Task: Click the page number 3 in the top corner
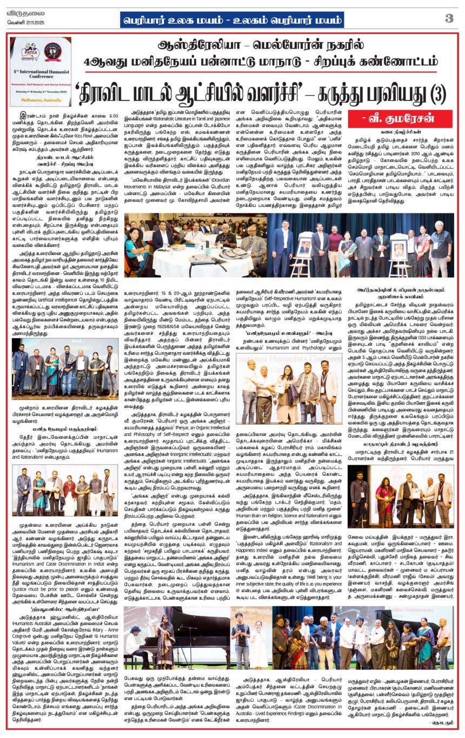pos(449,18)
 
